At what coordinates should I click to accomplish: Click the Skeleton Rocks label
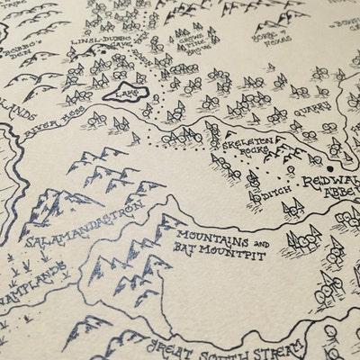coord(247,144)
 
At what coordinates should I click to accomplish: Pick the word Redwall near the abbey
coord(327,183)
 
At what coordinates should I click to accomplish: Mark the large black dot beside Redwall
coord(331,167)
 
